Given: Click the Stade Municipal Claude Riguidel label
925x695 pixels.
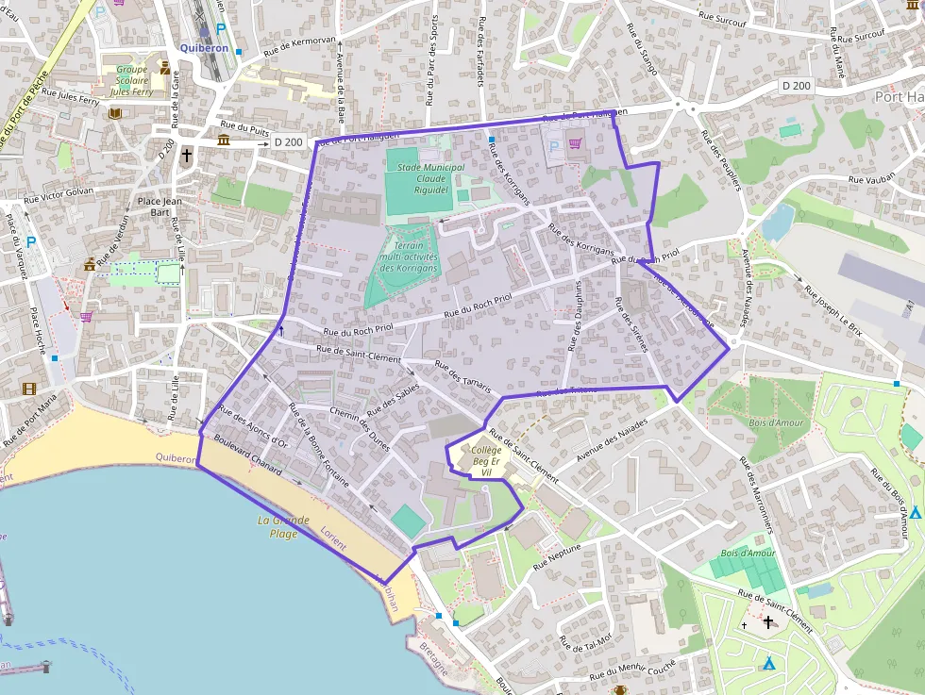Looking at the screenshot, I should (430, 176).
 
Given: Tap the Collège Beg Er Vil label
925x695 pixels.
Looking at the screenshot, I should (486, 461).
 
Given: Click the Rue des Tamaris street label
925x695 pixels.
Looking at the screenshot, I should (463, 375).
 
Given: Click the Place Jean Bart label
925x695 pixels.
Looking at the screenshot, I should (160, 206).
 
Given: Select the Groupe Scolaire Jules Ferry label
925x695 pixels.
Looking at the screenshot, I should (131, 80).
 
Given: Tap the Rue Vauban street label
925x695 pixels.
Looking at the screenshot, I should (870, 178).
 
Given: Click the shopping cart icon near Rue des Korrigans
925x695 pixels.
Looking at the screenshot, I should (575, 143).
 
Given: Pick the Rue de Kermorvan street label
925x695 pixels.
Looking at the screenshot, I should (299, 45).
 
